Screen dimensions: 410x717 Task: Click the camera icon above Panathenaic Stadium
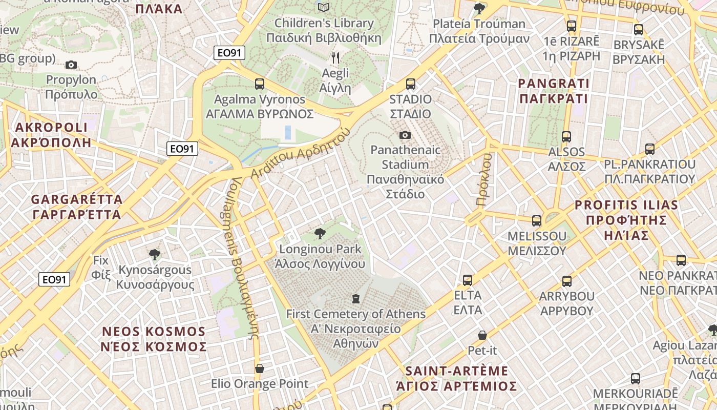coord(405,135)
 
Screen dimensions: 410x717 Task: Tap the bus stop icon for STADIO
coord(410,84)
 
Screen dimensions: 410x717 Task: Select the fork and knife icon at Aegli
coord(335,57)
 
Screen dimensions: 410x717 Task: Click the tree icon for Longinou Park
coord(320,234)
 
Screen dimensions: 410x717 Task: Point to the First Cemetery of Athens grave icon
coord(355,298)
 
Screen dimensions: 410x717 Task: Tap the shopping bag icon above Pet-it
coord(482,335)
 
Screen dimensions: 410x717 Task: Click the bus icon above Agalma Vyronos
coord(260,84)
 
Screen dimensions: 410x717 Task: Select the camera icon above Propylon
coord(71,65)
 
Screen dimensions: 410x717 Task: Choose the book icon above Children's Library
coord(323,7)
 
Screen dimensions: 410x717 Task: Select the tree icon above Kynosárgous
coord(154,254)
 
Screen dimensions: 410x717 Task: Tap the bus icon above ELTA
coord(468,280)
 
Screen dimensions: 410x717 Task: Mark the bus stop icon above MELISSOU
coord(537,221)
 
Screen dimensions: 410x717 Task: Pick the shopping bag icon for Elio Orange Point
coord(260,368)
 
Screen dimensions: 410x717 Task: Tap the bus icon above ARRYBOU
coord(566,281)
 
